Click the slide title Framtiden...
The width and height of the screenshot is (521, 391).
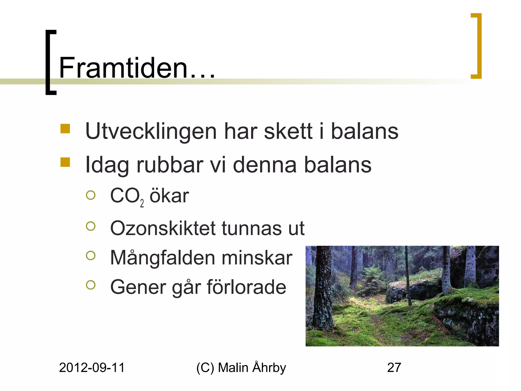tap(137, 67)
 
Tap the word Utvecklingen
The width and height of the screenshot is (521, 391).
tap(151, 132)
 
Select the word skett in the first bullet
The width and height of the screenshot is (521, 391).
tap(288, 132)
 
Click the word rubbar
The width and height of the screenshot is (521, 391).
tap(170, 165)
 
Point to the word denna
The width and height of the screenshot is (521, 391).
tap(265, 165)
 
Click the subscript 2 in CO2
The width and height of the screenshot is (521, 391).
tap(142, 203)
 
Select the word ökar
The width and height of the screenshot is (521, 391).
tap(169, 196)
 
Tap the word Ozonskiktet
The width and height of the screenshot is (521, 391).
tap(163, 228)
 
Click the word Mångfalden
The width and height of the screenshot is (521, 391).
tap(163, 258)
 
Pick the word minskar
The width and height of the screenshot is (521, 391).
tap(257, 258)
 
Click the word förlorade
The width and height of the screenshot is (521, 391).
tap(246, 287)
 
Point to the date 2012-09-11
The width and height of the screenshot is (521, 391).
tap(92, 368)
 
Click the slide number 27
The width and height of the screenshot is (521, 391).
tap(394, 368)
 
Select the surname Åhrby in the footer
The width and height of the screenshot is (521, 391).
tap(269, 367)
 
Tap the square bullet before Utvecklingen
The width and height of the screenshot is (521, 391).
tap(65, 129)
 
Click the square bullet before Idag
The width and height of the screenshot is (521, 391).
tap(65, 162)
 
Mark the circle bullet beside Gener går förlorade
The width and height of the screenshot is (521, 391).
tap(91, 285)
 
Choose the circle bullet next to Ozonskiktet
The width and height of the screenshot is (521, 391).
tap(91, 226)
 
